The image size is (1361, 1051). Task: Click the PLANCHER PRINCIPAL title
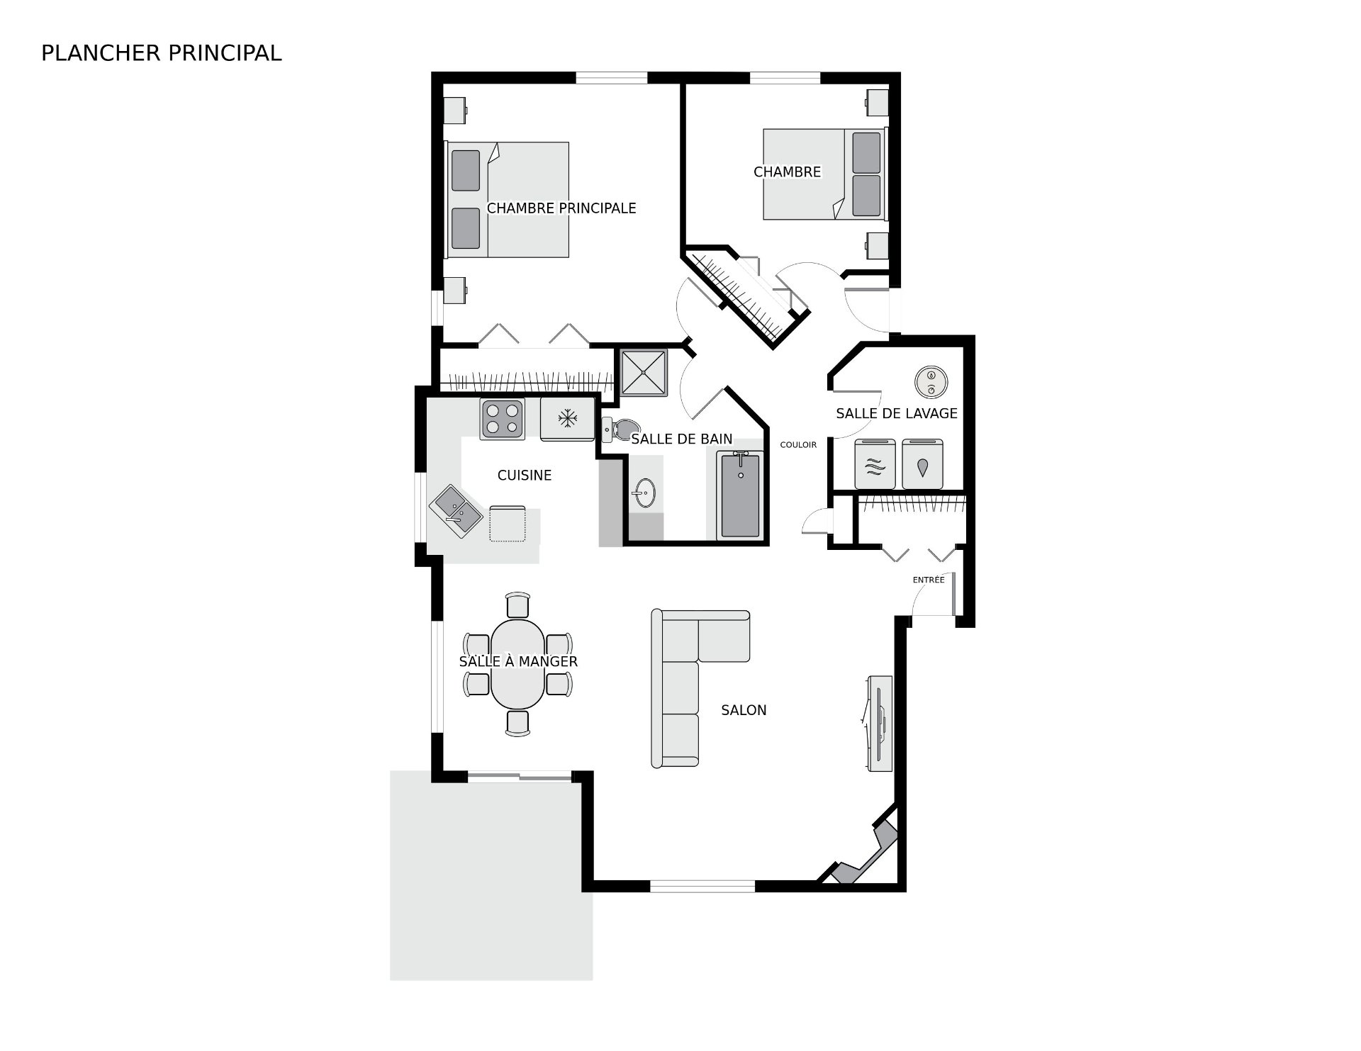162,53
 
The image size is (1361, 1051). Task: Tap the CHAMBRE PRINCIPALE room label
561,208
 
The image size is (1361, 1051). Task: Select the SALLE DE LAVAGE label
897,413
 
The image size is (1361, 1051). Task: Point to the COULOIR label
798,445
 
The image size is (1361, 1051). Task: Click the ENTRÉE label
929,580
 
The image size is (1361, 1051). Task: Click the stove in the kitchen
503,419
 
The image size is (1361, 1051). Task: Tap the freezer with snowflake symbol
567,419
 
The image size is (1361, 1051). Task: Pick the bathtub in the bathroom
740,495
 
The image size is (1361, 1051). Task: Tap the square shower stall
644,372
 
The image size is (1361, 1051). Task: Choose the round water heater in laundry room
931,383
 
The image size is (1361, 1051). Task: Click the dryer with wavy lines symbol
876,464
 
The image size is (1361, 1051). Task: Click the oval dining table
518,664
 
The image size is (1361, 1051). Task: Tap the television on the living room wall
879,724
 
